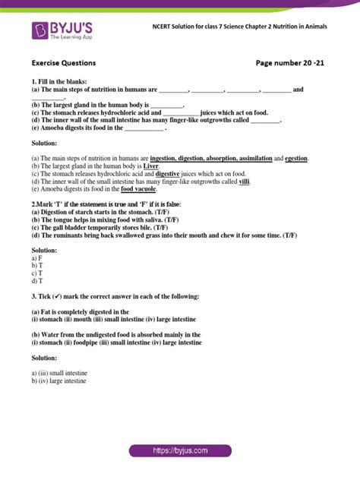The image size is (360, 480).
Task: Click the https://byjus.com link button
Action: (x=180, y=450)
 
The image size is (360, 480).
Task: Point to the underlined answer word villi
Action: (x=244, y=181)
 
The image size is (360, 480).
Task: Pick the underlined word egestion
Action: (x=296, y=158)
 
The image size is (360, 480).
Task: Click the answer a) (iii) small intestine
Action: (x=62, y=373)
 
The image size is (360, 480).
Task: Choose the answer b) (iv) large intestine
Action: (x=60, y=381)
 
